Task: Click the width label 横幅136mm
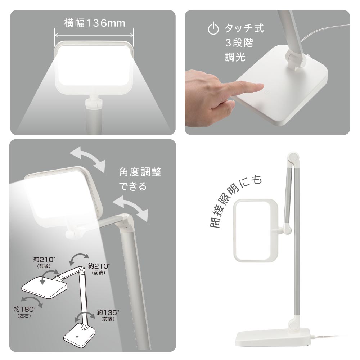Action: pyautogui.click(x=95, y=23)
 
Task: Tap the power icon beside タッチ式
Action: pyautogui.click(x=213, y=28)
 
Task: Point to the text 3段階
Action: pyautogui.click(x=239, y=43)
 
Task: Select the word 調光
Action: pyautogui.click(x=235, y=57)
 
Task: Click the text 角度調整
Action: pyautogui.click(x=140, y=172)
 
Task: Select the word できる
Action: pyautogui.click(x=133, y=186)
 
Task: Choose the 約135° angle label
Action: pyautogui.click(x=108, y=315)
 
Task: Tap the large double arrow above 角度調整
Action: pyautogui.click(x=87, y=159)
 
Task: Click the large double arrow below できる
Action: pyautogui.click(x=130, y=209)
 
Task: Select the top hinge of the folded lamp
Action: pyautogui.click(x=293, y=158)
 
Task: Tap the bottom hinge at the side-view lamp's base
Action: pyautogui.click(x=294, y=324)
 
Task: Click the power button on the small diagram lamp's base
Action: pyautogui.click(x=78, y=337)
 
